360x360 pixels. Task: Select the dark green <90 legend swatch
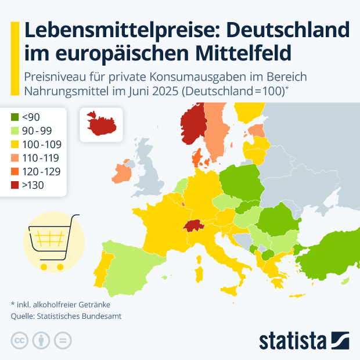click(16, 117)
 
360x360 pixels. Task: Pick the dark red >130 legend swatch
click(16, 185)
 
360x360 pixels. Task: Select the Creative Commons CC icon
click(20, 341)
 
